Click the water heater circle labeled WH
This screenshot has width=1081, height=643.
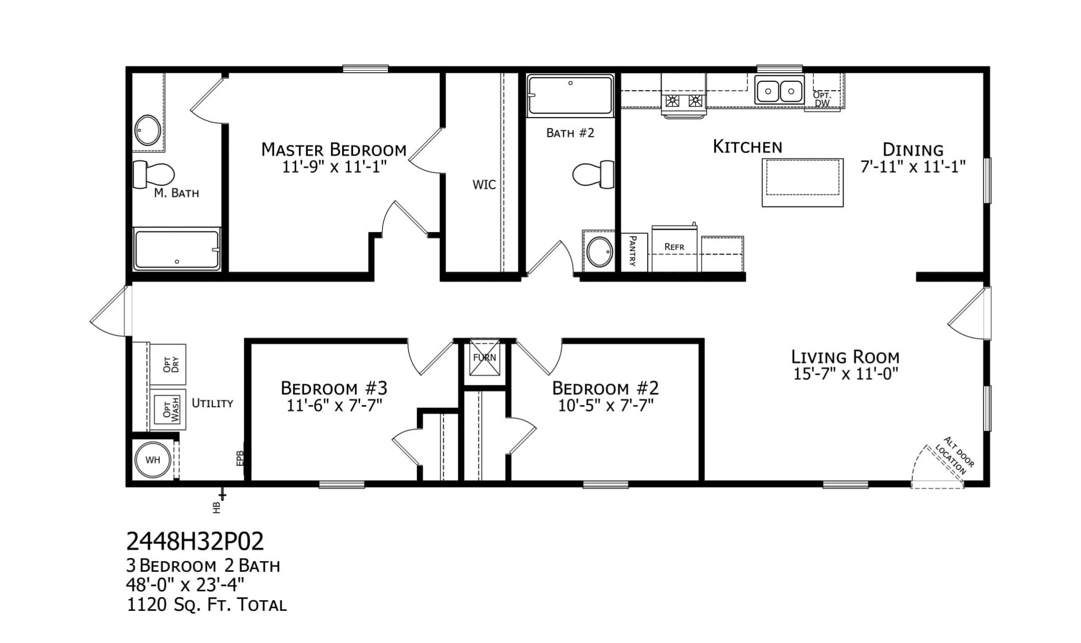153,460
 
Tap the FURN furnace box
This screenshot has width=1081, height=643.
485,357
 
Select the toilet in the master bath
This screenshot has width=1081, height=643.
154,175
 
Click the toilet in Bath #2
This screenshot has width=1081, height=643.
594,174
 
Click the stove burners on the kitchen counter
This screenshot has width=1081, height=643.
684,100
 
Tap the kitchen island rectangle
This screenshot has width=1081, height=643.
802,182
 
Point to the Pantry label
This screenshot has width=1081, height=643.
633,251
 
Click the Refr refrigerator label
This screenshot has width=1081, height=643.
674,247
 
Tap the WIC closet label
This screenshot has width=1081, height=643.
484,185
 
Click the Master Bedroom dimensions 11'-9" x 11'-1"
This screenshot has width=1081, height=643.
335,167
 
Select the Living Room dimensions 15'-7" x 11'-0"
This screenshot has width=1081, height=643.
846,374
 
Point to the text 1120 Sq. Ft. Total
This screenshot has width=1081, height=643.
206,605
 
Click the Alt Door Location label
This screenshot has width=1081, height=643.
955,456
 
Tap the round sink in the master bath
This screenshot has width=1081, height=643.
147,130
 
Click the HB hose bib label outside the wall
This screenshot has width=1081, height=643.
216,507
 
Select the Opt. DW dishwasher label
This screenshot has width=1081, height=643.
822,99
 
